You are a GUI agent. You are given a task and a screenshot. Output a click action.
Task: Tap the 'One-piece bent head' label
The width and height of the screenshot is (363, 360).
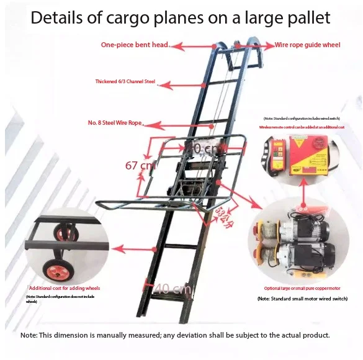click(134, 45)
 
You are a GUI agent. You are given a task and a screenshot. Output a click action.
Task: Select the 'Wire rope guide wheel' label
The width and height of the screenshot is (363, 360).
click(308, 45)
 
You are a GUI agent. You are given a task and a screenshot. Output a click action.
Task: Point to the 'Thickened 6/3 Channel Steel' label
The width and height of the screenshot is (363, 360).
click(125, 81)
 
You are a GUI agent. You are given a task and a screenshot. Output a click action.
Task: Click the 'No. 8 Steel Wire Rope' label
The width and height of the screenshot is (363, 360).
click(115, 123)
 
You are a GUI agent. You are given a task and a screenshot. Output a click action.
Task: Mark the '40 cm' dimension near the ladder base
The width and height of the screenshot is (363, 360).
click(166, 289)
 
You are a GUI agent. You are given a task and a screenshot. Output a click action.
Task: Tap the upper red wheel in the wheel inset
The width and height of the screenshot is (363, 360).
click(64, 234)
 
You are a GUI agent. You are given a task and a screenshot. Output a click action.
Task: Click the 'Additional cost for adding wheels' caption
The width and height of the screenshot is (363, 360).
click(64, 289)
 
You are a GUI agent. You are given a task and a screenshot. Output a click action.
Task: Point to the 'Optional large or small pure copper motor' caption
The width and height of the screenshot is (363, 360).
click(302, 289)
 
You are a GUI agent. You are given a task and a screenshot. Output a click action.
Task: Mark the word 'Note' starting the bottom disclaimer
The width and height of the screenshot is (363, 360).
click(29, 335)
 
